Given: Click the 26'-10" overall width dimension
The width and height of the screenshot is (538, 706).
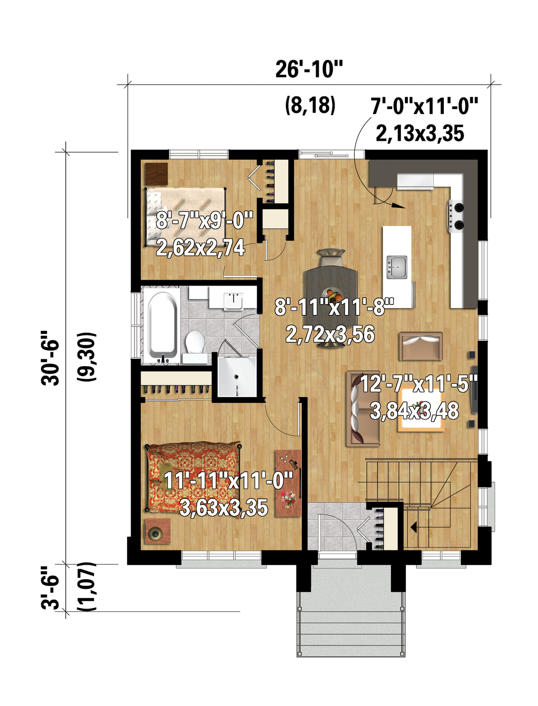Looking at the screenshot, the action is [x=309, y=70].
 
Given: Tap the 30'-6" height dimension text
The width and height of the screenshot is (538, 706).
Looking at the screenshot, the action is [x=50, y=358].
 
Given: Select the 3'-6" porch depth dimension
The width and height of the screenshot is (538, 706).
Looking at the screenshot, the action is [x=50, y=588].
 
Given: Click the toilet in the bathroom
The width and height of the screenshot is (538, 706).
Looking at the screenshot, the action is [x=195, y=342].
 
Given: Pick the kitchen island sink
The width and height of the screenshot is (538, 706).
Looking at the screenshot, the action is [x=397, y=268].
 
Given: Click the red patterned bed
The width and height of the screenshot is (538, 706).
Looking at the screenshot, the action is [x=193, y=477].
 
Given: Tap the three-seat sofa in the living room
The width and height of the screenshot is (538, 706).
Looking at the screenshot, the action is [x=363, y=408].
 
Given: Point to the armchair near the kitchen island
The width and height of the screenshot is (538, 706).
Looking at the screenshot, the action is [x=421, y=346].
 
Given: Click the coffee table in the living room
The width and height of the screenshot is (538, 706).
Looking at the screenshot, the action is [x=421, y=410].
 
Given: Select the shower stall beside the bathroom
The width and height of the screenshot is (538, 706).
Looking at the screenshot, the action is [x=237, y=376].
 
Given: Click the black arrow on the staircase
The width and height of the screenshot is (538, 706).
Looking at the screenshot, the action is [x=414, y=527].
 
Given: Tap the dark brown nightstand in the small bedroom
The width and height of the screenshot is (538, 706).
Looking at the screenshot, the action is [x=156, y=174].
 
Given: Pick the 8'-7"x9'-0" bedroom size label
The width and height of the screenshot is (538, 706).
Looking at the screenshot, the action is [x=204, y=220].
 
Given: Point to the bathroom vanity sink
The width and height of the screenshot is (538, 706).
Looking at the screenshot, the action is [x=234, y=301].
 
